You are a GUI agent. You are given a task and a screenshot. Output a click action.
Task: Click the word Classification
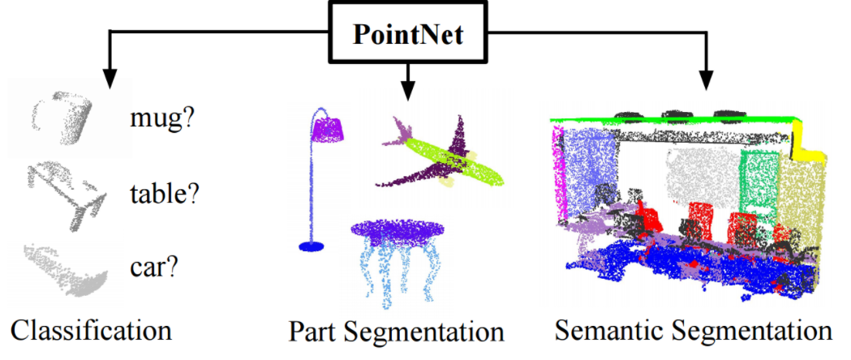tap(92, 330)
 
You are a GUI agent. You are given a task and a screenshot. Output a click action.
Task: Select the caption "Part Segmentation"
tap(397, 332)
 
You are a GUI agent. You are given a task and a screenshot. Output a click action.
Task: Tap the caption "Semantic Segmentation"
tap(694, 331)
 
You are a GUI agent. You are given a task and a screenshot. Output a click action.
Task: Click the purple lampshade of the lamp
tap(329, 128)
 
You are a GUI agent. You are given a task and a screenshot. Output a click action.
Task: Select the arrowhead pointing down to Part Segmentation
tap(407, 84)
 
